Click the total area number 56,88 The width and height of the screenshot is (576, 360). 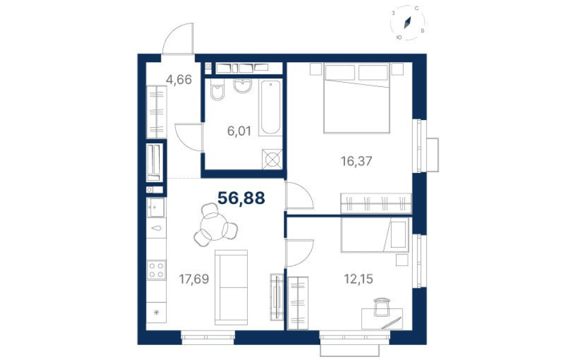coord(241,199)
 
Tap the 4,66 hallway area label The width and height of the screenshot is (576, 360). coord(179,79)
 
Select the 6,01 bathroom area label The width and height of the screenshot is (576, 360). coord(239,131)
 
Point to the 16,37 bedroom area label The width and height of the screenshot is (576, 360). coord(356,161)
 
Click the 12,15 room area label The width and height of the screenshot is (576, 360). coord(358,279)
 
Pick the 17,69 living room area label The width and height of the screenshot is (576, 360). coord(194,279)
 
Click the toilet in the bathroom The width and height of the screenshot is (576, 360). coord(217,90)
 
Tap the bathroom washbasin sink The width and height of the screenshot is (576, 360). coord(242,86)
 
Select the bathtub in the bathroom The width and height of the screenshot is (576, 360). coord(271,107)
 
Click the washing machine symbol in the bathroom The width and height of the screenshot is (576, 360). coord(272,160)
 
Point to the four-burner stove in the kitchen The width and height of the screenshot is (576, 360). coord(157,270)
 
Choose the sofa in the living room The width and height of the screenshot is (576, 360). coord(231,287)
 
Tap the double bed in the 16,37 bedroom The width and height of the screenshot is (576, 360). coord(356,98)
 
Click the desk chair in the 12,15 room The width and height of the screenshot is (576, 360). coord(382,307)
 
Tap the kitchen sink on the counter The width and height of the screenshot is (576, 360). coord(156,208)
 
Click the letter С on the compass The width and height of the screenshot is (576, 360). coord(417,8)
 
